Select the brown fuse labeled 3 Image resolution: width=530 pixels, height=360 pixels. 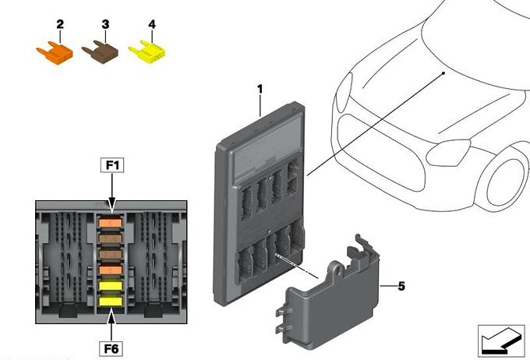click(x=100, y=53)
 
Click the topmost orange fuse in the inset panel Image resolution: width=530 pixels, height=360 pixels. click(x=110, y=225)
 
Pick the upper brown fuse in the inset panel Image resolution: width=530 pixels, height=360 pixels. click(x=110, y=240)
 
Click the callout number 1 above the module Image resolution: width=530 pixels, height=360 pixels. click(x=260, y=90)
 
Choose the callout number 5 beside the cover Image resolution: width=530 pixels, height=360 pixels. click(x=401, y=287)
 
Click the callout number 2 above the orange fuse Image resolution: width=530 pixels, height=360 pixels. click(x=58, y=25)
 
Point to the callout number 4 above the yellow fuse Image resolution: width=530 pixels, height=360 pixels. click(x=151, y=25)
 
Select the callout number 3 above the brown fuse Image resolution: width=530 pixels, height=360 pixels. click(x=104, y=25)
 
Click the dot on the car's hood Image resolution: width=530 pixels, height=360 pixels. click(x=443, y=72)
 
